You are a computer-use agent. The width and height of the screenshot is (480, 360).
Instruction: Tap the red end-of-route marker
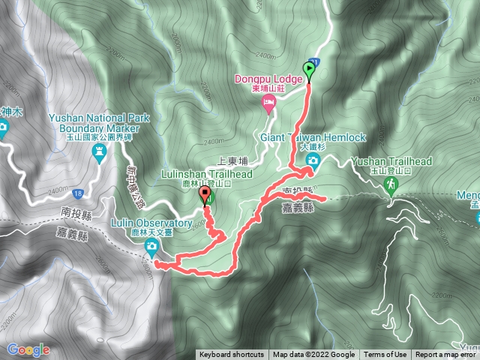pos(204,196)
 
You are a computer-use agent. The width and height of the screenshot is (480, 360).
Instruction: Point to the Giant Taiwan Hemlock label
pos(313,138)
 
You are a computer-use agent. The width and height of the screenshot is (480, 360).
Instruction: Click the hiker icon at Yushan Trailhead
pos(391,184)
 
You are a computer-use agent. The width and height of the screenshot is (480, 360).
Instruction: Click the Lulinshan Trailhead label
pos(206,173)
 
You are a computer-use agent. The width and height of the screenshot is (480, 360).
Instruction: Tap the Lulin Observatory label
pos(151,223)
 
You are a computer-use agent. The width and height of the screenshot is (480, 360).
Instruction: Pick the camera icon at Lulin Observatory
pos(151,246)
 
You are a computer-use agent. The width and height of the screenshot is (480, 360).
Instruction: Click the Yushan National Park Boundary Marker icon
pos(99,153)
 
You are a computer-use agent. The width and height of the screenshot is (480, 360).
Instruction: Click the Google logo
pos(28,349)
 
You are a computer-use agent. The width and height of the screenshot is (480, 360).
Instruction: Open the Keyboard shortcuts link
pos(231,355)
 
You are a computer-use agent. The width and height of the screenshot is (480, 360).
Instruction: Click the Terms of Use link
pos(385,355)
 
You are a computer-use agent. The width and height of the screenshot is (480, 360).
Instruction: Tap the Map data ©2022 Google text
pos(313,355)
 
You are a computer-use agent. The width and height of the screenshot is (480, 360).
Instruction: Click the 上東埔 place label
pos(231,160)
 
